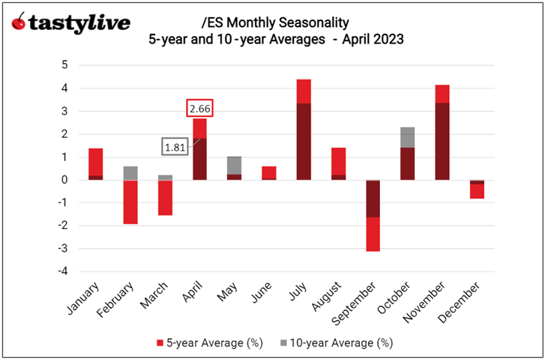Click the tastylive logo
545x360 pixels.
pos(70,23)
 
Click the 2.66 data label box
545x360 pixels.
pos(200,109)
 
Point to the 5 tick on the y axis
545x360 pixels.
pos(65,65)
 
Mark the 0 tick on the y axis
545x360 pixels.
pos(65,180)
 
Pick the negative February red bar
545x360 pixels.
pos(130,202)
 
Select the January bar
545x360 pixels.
pos(96,163)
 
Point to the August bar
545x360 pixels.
pos(337,163)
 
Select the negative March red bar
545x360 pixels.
pos(165,197)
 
